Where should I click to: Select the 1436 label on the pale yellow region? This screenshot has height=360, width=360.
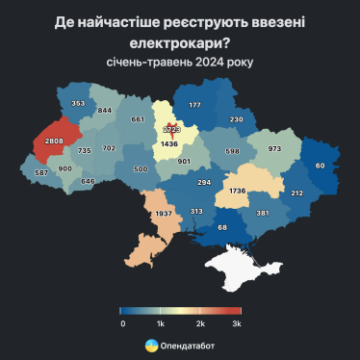[x=169, y=143]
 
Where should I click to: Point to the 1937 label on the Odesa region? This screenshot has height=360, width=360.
[x=163, y=213]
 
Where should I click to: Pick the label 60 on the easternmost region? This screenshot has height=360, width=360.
[x=321, y=165]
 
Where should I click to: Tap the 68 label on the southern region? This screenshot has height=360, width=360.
[x=222, y=227]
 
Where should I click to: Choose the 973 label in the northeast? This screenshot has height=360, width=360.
[x=275, y=148]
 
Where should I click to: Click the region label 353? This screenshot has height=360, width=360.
[x=78, y=103]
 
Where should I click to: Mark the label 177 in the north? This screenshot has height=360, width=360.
[x=194, y=104]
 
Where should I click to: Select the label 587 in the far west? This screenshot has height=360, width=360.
[x=41, y=173]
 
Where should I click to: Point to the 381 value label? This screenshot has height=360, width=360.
[x=263, y=214]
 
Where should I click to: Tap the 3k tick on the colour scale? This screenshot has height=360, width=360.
[x=236, y=324]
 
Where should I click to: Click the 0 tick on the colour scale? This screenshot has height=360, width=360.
[x=122, y=324]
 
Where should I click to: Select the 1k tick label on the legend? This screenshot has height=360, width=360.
[x=161, y=324]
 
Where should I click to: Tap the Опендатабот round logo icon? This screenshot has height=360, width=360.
[x=152, y=345]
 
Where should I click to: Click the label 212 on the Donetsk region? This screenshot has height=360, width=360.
[x=296, y=193]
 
